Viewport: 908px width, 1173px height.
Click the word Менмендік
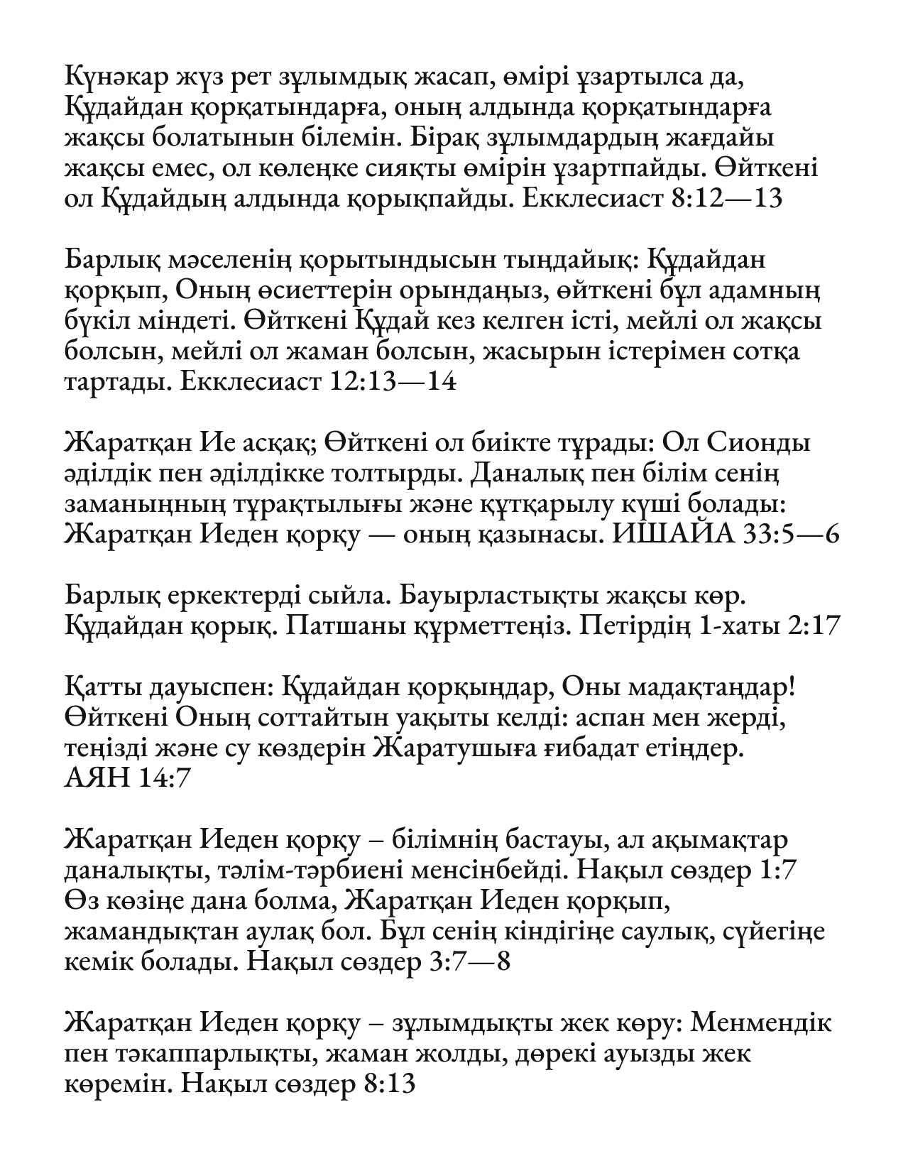pos(761,1023)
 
